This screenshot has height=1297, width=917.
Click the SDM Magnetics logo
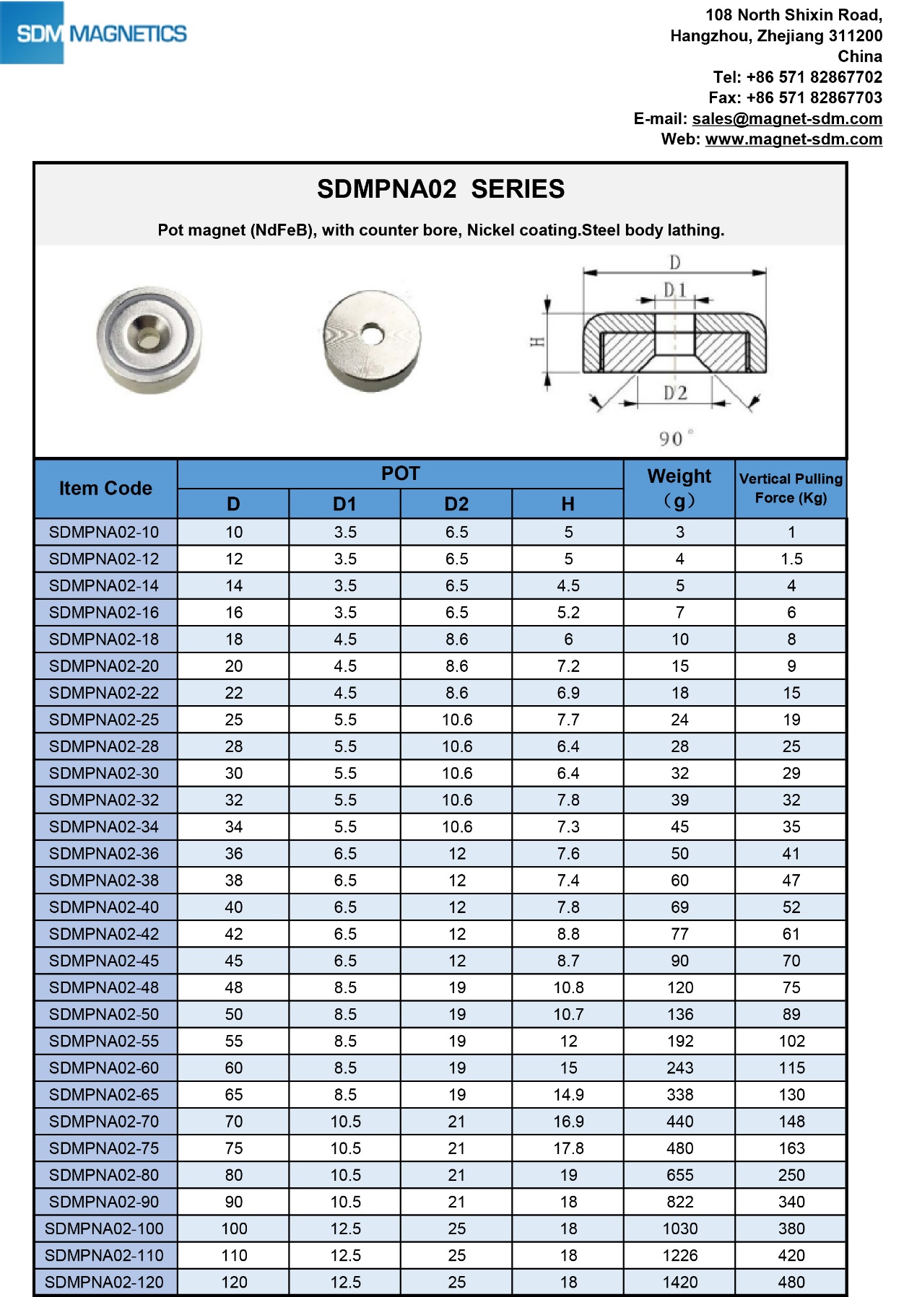coord(94,33)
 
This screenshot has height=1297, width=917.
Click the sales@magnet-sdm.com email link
coord(787,118)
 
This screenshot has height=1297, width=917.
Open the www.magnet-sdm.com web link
coord(794,139)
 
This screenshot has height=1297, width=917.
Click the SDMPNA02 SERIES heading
coord(440,189)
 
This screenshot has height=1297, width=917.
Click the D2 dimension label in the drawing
coord(675,393)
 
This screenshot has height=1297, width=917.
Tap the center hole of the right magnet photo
coord(372,334)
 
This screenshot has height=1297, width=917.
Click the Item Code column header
coord(105,489)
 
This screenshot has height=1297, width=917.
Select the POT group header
coord(400,473)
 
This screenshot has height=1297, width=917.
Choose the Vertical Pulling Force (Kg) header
coord(791,489)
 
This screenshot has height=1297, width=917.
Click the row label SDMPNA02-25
coord(104,720)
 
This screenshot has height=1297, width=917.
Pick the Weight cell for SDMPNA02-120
coord(679,1282)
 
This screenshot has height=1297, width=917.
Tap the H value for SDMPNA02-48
coord(568,987)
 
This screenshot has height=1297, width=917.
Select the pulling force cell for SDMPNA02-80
coord(791,1175)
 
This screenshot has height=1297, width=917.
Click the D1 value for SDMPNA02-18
coord(345,639)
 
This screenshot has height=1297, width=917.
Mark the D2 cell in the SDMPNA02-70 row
coord(456,1122)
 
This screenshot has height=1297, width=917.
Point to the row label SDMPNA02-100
coord(104,1228)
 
